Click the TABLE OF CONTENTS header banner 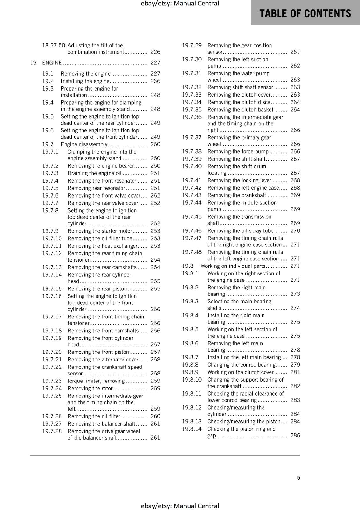[x=305, y=13]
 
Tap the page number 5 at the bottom [x=299, y=477]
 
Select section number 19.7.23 [x=52, y=381]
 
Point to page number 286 [x=295, y=435]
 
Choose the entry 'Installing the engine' [x=85, y=81]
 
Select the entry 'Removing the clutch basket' [x=241, y=110]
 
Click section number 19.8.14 [x=192, y=429]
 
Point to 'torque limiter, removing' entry [x=96, y=381]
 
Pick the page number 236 [x=155, y=81]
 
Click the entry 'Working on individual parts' [x=233, y=266]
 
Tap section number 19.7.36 [x=192, y=117]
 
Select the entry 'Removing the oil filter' [x=94, y=416]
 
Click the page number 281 [x=295, y=372]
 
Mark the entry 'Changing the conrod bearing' [x=241, y=365]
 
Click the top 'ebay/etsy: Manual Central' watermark [x=180, y=4]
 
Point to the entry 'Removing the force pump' [x=238, y=152]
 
